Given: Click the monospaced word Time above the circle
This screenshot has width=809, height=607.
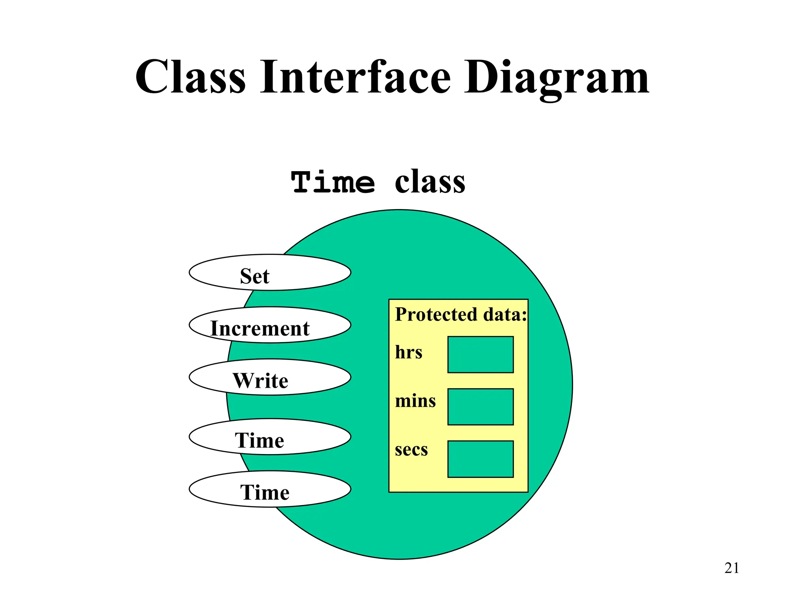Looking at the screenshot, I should [x=333, y=183].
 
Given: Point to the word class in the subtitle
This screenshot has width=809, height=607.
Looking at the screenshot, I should [x=430, y=183].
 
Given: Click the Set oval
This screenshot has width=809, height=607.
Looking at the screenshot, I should [x=270, y=273].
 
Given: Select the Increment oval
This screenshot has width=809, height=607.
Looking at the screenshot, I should [x=270, y=325].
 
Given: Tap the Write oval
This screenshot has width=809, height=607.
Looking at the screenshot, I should [x=270, y=377].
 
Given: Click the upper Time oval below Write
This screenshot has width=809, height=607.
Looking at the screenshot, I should [x=270, y=437].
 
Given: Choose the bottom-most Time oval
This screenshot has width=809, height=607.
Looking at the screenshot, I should [x=270, y=489].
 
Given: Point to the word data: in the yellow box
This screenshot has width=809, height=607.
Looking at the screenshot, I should [x=505, y=315].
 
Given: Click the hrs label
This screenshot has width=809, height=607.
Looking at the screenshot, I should [x=408, y=352].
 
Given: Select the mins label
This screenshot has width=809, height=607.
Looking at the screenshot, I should [x=415, y=401].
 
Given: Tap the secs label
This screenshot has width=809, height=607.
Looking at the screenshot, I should [x=411, y=450].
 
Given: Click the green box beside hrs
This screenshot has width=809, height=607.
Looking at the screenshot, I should [x=480, y=355].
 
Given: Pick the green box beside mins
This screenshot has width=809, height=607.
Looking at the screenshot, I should [x=480, y=407].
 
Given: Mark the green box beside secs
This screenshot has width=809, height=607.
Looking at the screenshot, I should [x=480, y=459].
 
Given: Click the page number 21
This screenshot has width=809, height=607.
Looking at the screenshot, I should [x=732, y=568].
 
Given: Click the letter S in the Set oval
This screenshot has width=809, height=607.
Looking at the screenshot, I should [x=246, y=276].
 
